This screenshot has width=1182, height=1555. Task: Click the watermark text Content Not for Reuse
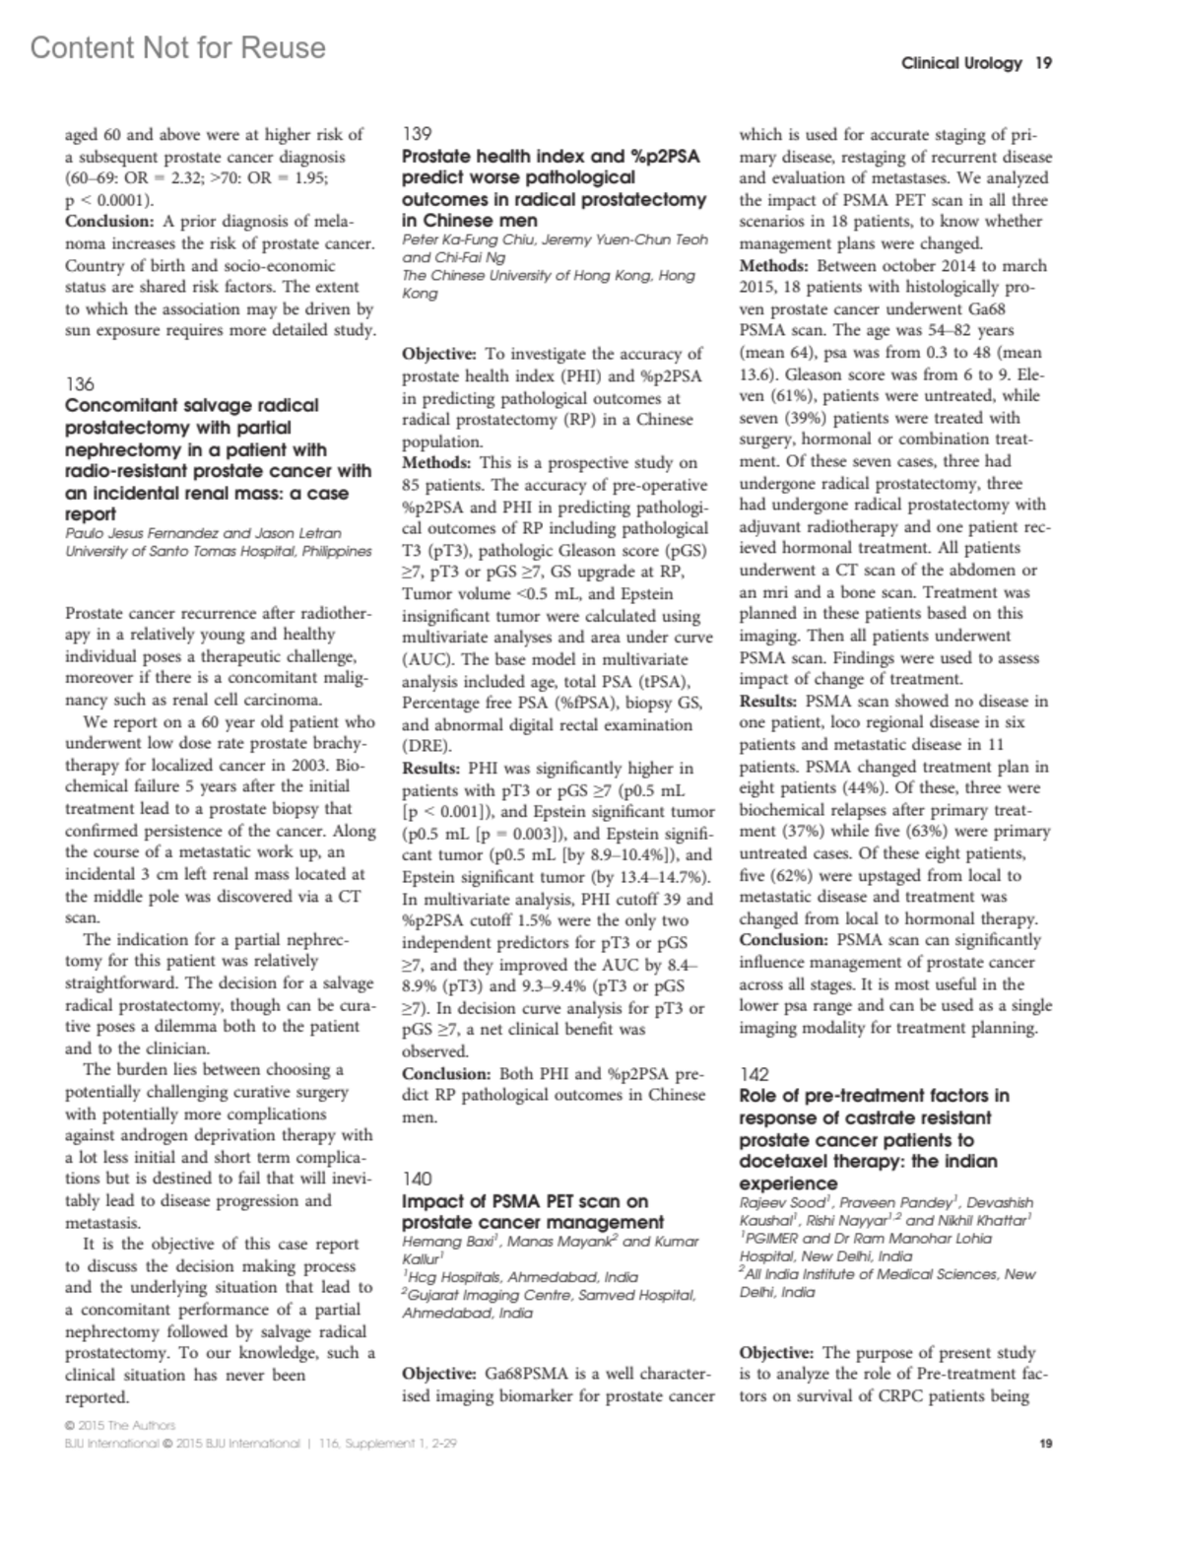coord(178,47)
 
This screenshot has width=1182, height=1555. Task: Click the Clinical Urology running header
coord(961,63)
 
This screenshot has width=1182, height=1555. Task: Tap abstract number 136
coord(80,383)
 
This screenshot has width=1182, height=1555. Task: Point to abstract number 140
coord(418,1179)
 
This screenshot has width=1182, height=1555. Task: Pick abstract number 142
coord(754,1074)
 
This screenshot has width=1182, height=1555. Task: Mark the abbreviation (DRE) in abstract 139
coord(427,746)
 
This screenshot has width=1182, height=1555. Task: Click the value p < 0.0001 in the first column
coord(104,200)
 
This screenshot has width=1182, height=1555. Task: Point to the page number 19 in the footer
coord(1046,1444)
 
